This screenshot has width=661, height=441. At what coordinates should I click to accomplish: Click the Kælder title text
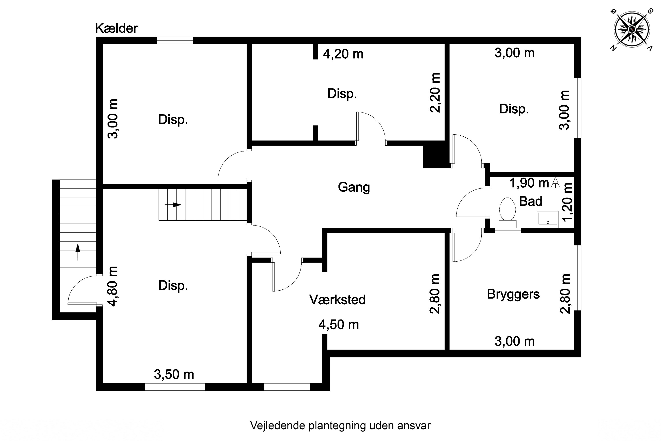pos(116,28)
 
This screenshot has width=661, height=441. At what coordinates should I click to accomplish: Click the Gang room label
pos(354,187)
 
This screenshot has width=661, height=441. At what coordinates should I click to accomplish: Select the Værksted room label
pos(337,300)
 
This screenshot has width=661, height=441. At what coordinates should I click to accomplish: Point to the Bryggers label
pos(513,294)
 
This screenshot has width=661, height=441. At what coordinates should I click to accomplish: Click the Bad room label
pos(530,201)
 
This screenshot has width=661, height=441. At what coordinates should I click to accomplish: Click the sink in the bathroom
pos(548,219)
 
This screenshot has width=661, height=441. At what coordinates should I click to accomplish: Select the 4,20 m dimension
pos(343,54)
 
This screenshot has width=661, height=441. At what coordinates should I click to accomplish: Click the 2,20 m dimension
pos(435,93)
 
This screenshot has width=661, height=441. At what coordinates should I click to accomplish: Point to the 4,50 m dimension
pos(338,325)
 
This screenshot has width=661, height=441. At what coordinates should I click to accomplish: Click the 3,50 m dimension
pos(174,374)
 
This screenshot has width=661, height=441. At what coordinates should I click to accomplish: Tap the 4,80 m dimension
pos(113,286)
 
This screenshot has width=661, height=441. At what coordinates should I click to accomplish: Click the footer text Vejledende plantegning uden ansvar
pos(340,426)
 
